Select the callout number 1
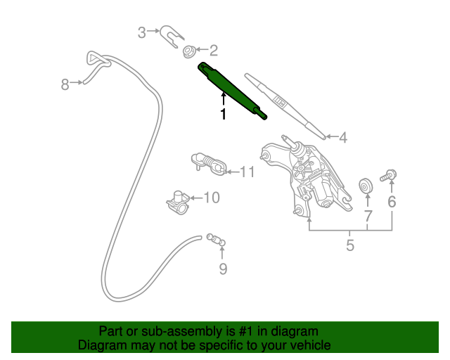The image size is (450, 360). pos(224,115)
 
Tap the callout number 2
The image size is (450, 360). pos(213,50)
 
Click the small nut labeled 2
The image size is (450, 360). pos(188,51)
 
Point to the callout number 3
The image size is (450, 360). pos(141,32)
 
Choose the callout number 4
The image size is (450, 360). pos(343,138)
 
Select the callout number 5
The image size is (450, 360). pos(349,245)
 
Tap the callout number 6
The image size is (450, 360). pos(392,202)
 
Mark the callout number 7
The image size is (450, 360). pos(367,215)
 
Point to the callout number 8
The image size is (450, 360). pos(65,85)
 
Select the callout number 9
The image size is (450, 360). pos(223,269)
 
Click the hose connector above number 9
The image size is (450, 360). pos(217,240)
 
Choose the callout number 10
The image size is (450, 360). pos(211,198)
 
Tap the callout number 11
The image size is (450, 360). pos(247,172)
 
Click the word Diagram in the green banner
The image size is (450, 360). pos(99,345)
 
